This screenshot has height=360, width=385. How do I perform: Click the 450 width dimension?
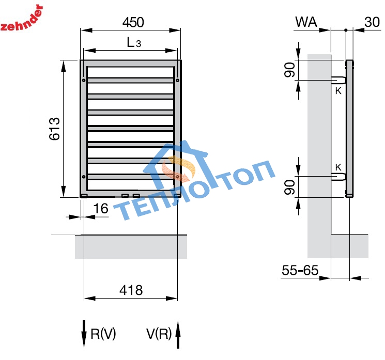tap(133, 23)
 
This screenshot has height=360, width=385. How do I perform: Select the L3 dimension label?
tap(134, 43)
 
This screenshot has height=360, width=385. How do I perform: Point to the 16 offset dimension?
tap(101, 208)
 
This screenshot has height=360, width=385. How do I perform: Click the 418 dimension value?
tap(131, 290)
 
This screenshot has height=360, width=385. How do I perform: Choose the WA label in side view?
tap(306, 22)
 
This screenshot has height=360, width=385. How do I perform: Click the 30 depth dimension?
tap(372, 22)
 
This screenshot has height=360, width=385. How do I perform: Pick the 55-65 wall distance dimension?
tap(299, 270)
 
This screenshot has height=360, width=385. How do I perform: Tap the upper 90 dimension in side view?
tap(290, 69)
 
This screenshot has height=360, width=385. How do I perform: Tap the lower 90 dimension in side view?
tap(290, 186)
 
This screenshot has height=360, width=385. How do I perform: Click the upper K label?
tap(338, 91)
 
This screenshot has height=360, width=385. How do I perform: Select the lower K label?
tap(338, 167)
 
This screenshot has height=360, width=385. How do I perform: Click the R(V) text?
tap(103, 334)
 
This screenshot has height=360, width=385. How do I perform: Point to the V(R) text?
tap(159, 334)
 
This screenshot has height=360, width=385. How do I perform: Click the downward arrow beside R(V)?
tap(84, 335)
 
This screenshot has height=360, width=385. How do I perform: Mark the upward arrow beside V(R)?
tap(178, 335)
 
